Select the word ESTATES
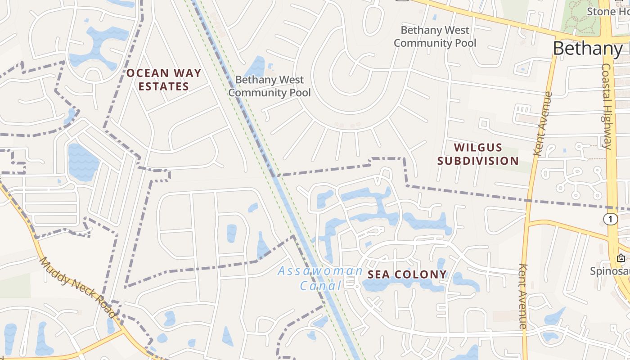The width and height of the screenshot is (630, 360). pos(163,86)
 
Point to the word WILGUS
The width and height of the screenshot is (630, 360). pos(478,148)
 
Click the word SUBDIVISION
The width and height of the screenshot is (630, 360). pos(478,161)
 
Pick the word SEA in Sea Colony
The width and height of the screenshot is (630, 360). pos(377,274)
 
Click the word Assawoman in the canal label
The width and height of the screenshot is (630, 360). pos(320,271)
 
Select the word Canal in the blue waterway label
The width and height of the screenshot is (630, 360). pos(321,286)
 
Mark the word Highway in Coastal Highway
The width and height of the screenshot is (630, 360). pos(607,126)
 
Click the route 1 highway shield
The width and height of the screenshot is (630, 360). pos(611,219)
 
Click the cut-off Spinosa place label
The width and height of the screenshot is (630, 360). pos(610,271)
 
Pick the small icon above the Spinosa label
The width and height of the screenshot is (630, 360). pos(621,258)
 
